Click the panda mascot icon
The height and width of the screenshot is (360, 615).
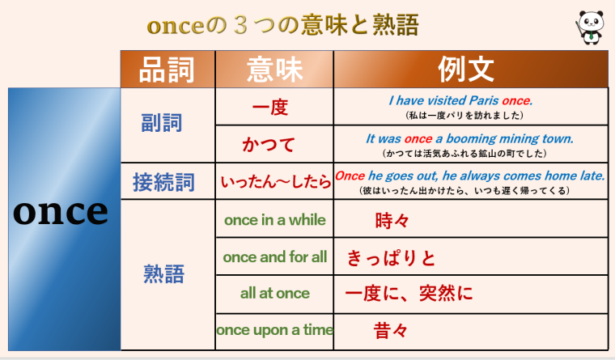589,27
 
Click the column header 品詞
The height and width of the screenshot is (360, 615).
168,70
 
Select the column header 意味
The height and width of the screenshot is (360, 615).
274,70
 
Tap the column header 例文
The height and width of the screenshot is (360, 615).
470,70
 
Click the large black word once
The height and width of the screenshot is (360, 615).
61,211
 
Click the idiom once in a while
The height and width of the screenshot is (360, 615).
274,220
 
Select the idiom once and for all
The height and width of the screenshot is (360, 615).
275,257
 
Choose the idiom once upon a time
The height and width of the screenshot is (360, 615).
275,330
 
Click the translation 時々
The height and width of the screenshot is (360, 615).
392,220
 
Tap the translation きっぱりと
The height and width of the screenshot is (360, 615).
391,258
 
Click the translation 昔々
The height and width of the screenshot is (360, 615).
391,330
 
